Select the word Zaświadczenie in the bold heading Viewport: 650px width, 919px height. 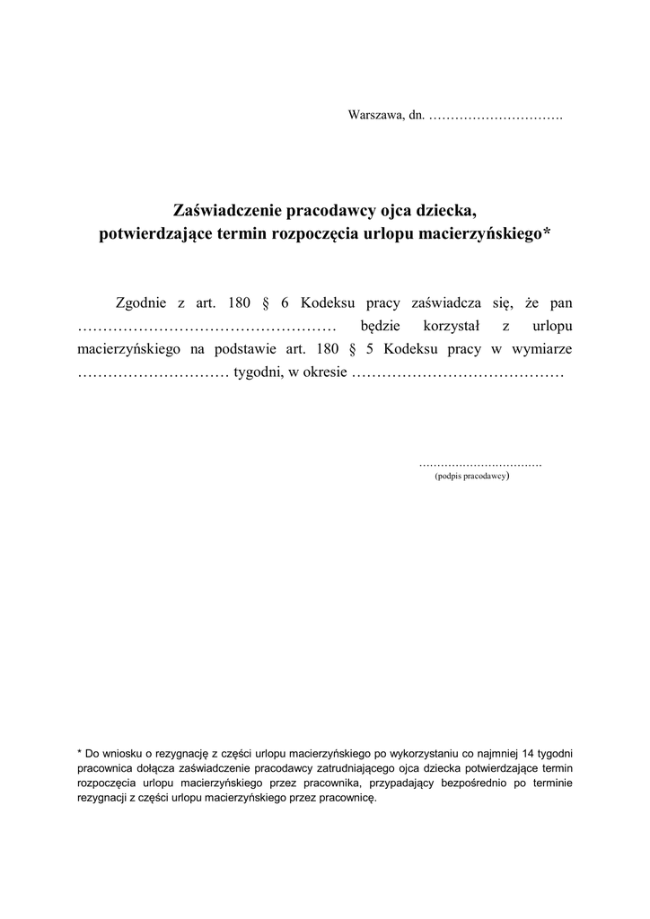[x=227, y=212]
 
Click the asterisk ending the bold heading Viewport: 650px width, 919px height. [x=549, y=233]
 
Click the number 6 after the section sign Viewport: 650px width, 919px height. [x=285, y=302]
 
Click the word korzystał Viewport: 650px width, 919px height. [x=446, y=326]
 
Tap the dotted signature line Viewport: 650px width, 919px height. [x=480, y=466]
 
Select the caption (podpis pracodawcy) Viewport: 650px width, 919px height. [x=472, y=477]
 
